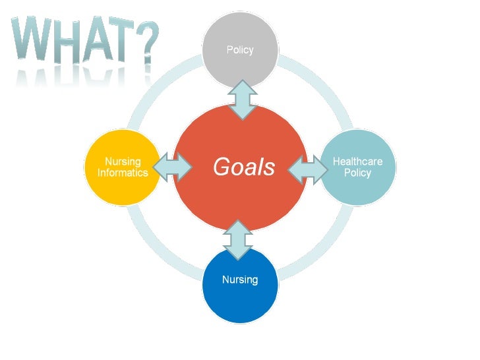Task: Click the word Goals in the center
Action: tap(243, 167)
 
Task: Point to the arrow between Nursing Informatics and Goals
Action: tap(173, 167)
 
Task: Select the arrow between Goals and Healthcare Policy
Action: tap(309, 168)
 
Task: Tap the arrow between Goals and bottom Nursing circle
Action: tap(239, 239)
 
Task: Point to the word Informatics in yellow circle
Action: tap(123, 173)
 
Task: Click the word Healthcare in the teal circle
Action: tap(357, 162)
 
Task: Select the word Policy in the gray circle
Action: tap(240, 50)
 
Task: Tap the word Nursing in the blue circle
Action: tap(240, 280)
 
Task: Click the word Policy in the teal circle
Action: tap(357, 173)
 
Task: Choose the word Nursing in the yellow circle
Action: tap(123, 162)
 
